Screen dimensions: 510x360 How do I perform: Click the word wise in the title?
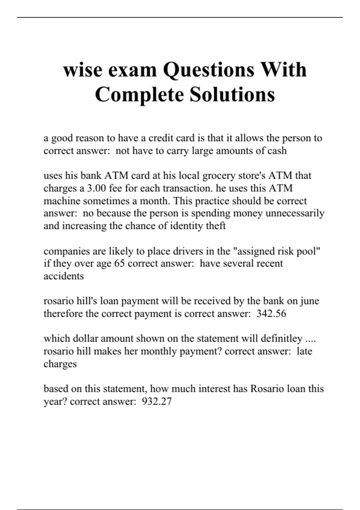point(82,70)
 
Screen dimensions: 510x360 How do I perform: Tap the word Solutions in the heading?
point(232,94)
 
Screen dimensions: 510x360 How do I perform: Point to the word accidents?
point(64,276)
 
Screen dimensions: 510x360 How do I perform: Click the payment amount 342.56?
point(271,313)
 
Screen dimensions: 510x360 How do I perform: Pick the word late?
point(304,351)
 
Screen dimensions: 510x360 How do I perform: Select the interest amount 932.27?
point(157,401)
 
